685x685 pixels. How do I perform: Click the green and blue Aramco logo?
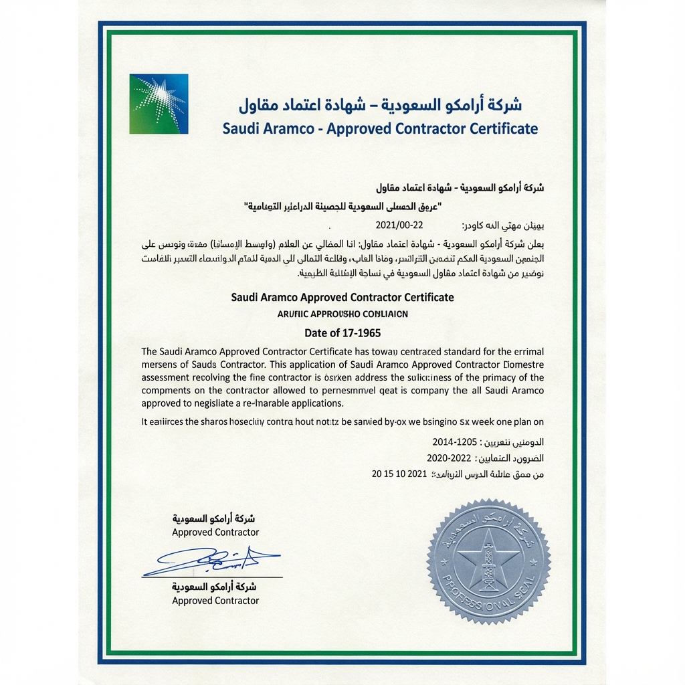tap(159, 104)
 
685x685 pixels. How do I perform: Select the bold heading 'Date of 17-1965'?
tap(342, 332)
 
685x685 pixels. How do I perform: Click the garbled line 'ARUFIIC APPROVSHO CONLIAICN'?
tap(342, 313)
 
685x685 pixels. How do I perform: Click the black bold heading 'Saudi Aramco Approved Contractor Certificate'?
tap(342, 297)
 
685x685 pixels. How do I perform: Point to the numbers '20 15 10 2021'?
tap(399, 474)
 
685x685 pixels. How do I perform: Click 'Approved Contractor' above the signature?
tap(215, 532)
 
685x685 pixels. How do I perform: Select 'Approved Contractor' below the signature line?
tap(215, 601)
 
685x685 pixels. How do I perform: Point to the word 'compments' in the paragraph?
tap(169, 391)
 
